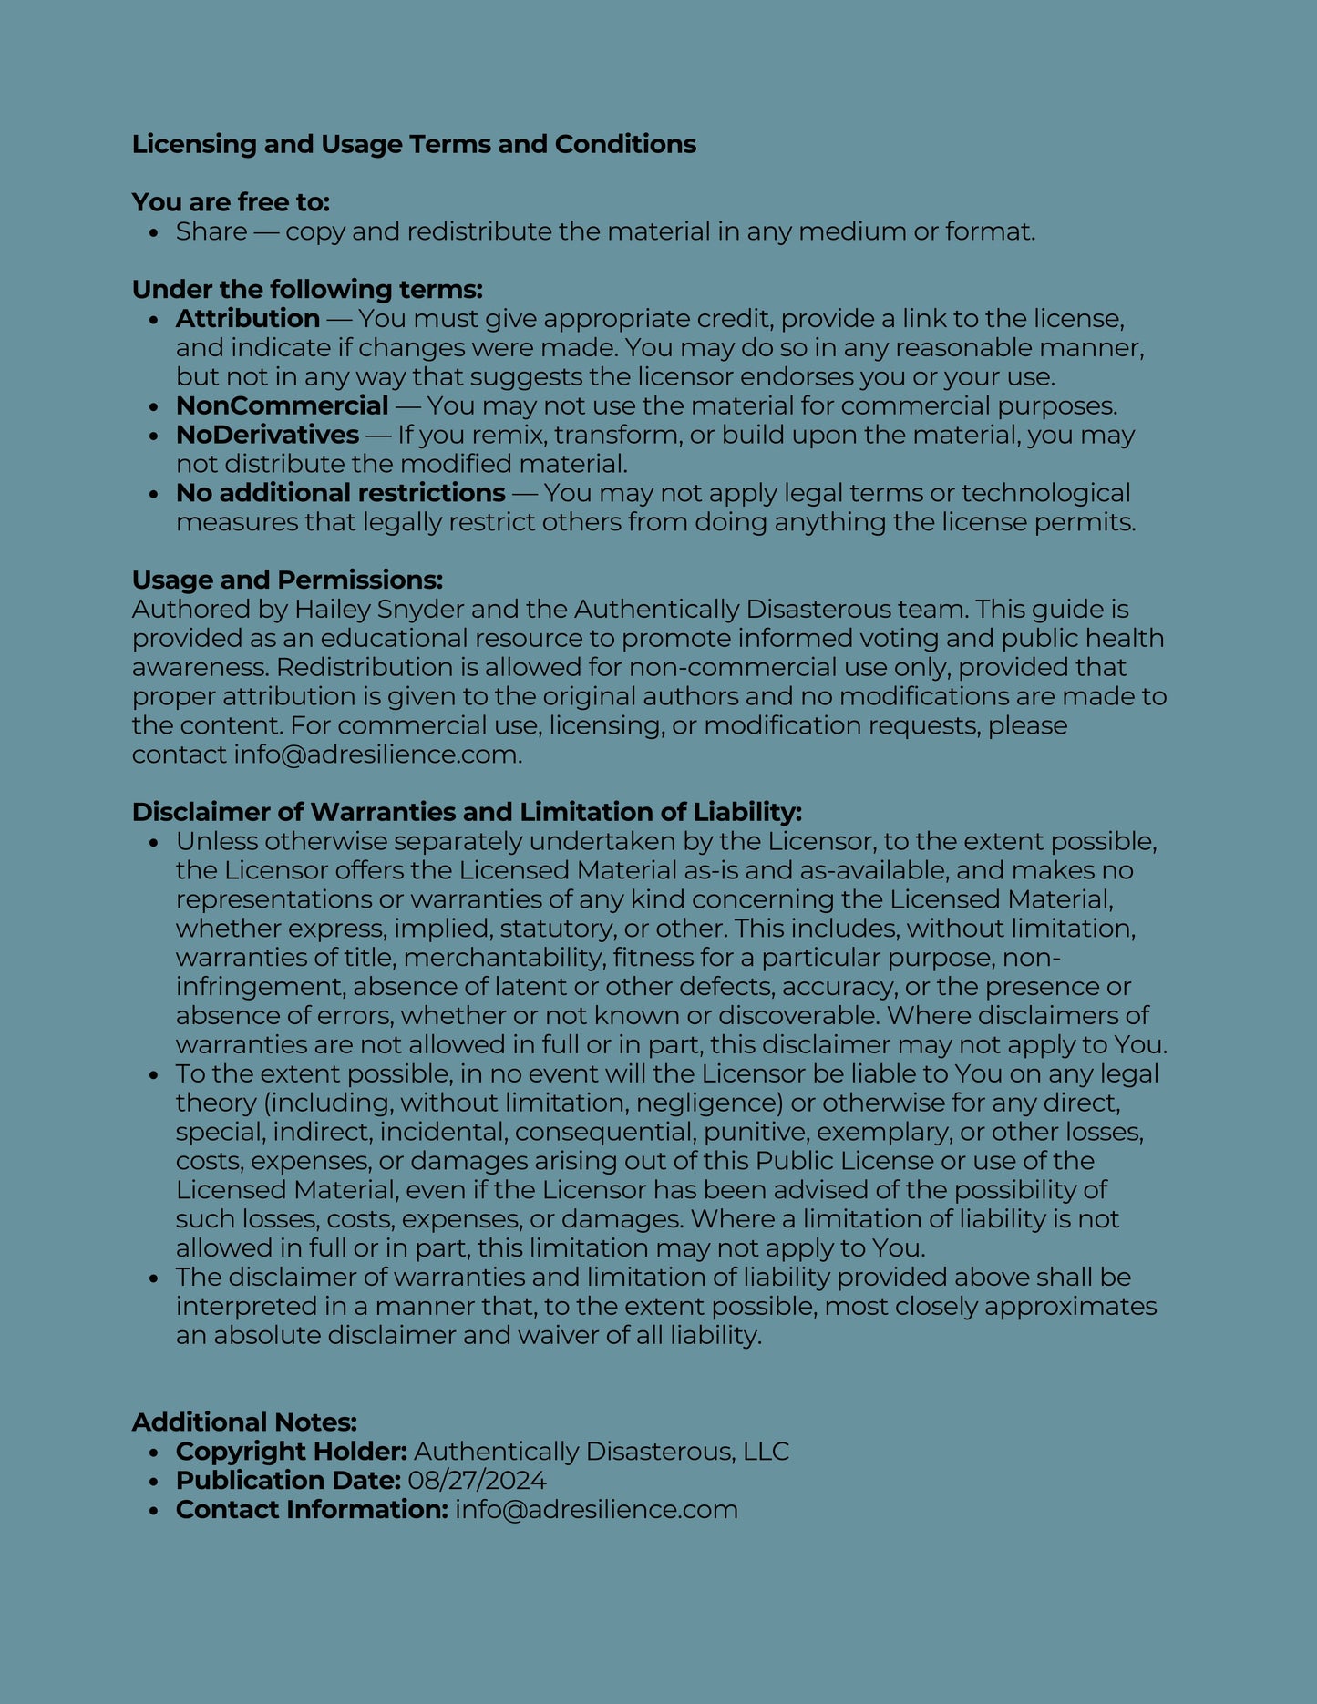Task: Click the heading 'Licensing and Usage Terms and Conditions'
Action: [x=414, y=144]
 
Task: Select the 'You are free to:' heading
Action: [x=231, y=201]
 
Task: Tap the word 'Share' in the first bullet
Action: [x=211, y=231]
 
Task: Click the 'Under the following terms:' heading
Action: [x=307, y=289]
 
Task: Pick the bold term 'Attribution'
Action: [x=248, y=318]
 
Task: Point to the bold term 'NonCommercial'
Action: [x=283, y=405]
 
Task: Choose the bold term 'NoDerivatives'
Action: [x=267, y=435]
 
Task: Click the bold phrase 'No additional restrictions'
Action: [x=341, y=493]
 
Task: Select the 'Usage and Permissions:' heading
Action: [x=287, y=580]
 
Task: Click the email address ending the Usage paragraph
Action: [x=376, y=754]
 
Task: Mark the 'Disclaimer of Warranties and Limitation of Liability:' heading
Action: [x=467, y=812]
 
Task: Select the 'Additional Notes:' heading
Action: [x=244, y=1422]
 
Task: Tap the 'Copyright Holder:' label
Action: [x=292, y=1451]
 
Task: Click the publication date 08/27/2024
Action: [x=477, y=1480]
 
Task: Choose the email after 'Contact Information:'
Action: [x=596, y=1509]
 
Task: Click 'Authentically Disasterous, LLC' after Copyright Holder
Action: [x=602, y=1451]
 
